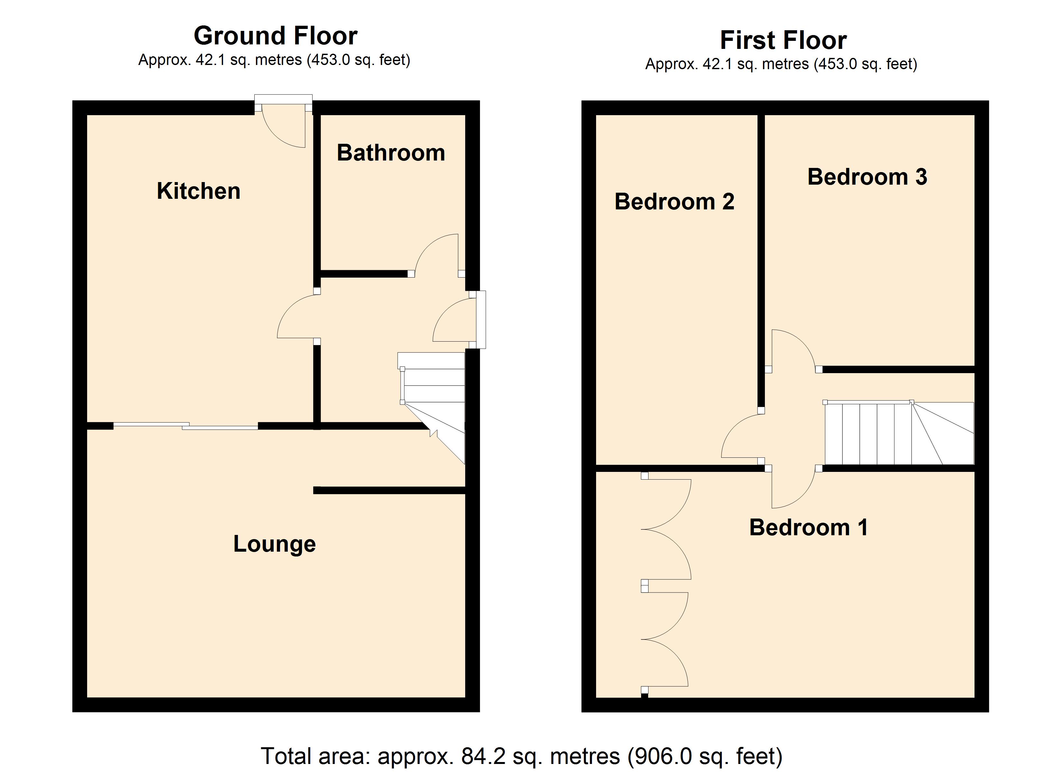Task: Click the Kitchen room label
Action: (x=198, y=191)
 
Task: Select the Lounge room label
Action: (x=275, y=544)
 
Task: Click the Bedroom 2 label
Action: (x=674, y=201)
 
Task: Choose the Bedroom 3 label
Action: (x=867, y=177)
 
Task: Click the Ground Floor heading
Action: (x=276, y=36)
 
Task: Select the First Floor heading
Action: (x=783, y=40)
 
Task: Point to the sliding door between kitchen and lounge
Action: (x=186, y=426)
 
